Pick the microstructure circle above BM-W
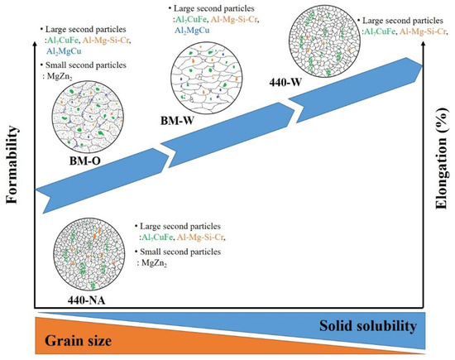[199, 76]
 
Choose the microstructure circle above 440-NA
[85, 242]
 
